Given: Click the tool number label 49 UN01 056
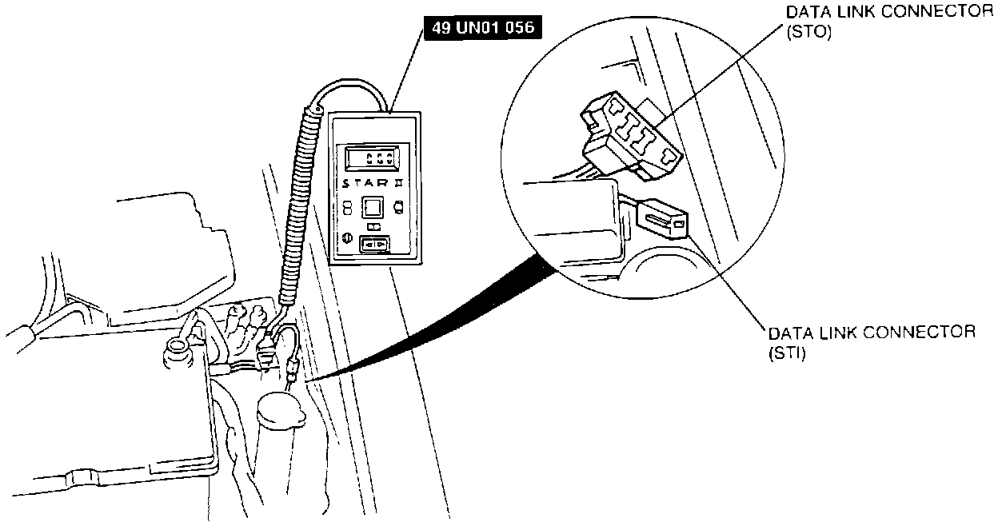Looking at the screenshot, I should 481,28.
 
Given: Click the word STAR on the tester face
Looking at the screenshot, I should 364,183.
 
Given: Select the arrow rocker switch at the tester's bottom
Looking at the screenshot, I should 374,245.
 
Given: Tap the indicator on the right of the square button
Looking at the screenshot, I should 399,206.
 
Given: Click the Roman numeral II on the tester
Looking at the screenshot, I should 397,183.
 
